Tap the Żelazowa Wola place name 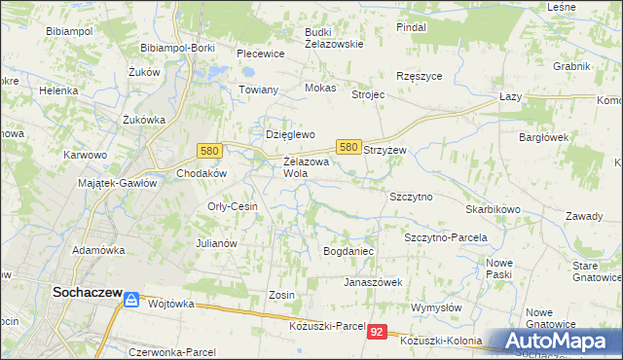305,167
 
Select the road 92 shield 378,332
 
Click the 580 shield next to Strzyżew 349,146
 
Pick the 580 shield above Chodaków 208,151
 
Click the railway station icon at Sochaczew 130,302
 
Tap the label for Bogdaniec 348,251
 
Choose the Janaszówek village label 373,282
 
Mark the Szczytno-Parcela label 445,236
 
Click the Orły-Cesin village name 232,206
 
